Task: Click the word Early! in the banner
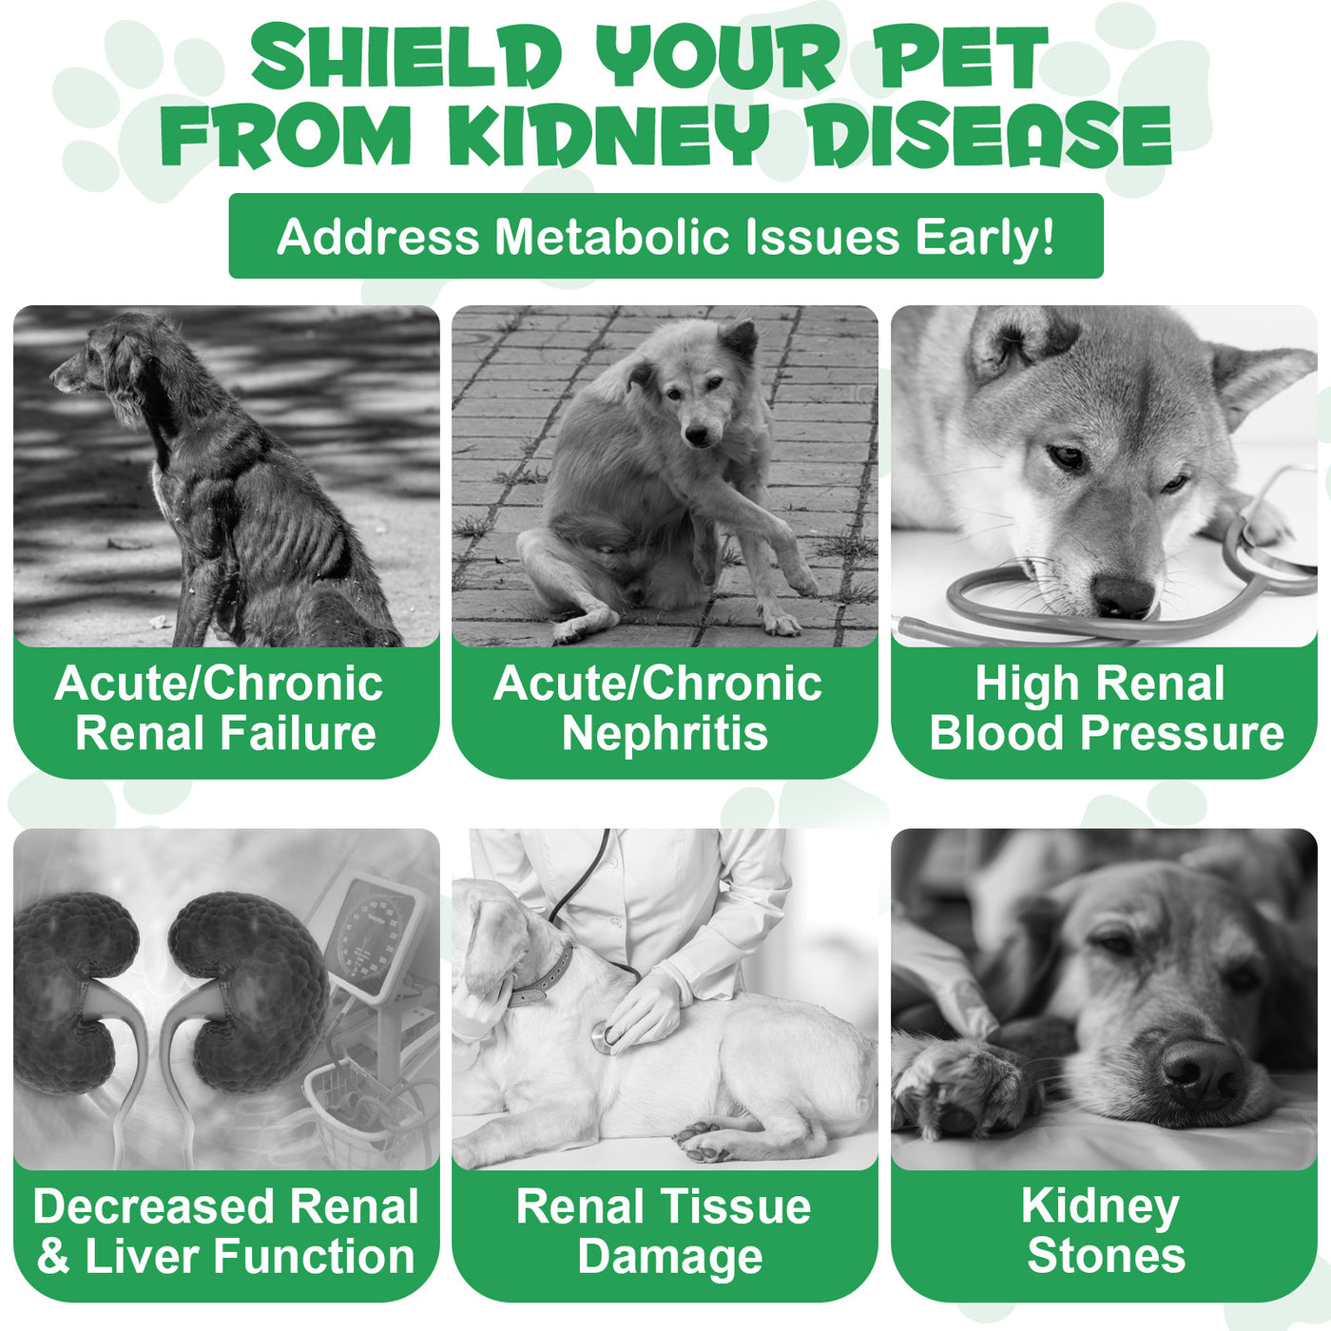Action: coord(984,238)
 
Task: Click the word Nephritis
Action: coord(665,734)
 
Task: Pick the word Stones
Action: coord(1106,1256)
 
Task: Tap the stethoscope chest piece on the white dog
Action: coord(605,1038)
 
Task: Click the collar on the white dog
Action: coord(542,979)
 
